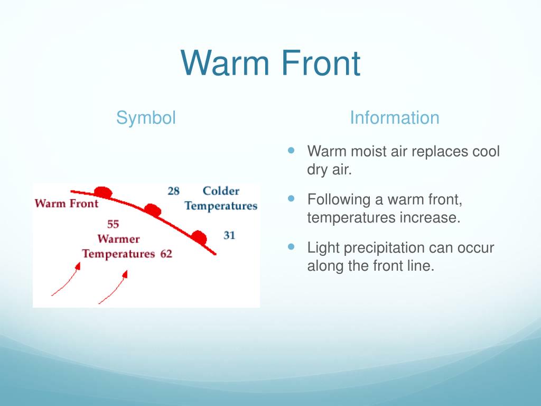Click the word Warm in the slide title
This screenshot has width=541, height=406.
click(225, 63)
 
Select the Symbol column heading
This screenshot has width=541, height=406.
click(146, 118)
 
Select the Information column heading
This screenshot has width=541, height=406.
click(394, 117)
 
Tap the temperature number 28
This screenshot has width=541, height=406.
click(173, 191)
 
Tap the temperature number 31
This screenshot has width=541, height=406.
click(229, 235)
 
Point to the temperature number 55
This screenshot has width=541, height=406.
click(113, 224)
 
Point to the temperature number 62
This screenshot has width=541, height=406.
click(166, 254)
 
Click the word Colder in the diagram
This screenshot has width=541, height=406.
click(221, 190)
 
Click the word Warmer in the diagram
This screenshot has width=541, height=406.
click(118, 239)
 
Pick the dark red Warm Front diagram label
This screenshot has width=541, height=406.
click(66, 204)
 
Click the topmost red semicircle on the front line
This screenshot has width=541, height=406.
click(103, 192)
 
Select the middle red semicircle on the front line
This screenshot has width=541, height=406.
click(153, 209)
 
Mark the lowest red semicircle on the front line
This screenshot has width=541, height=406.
click(199, 237)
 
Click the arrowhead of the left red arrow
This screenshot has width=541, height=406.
click(78, 266)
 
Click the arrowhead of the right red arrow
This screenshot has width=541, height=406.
click(125, 274)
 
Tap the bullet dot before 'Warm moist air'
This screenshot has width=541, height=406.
click(291, 150)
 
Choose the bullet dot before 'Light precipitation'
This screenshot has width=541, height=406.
click(291, 246)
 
